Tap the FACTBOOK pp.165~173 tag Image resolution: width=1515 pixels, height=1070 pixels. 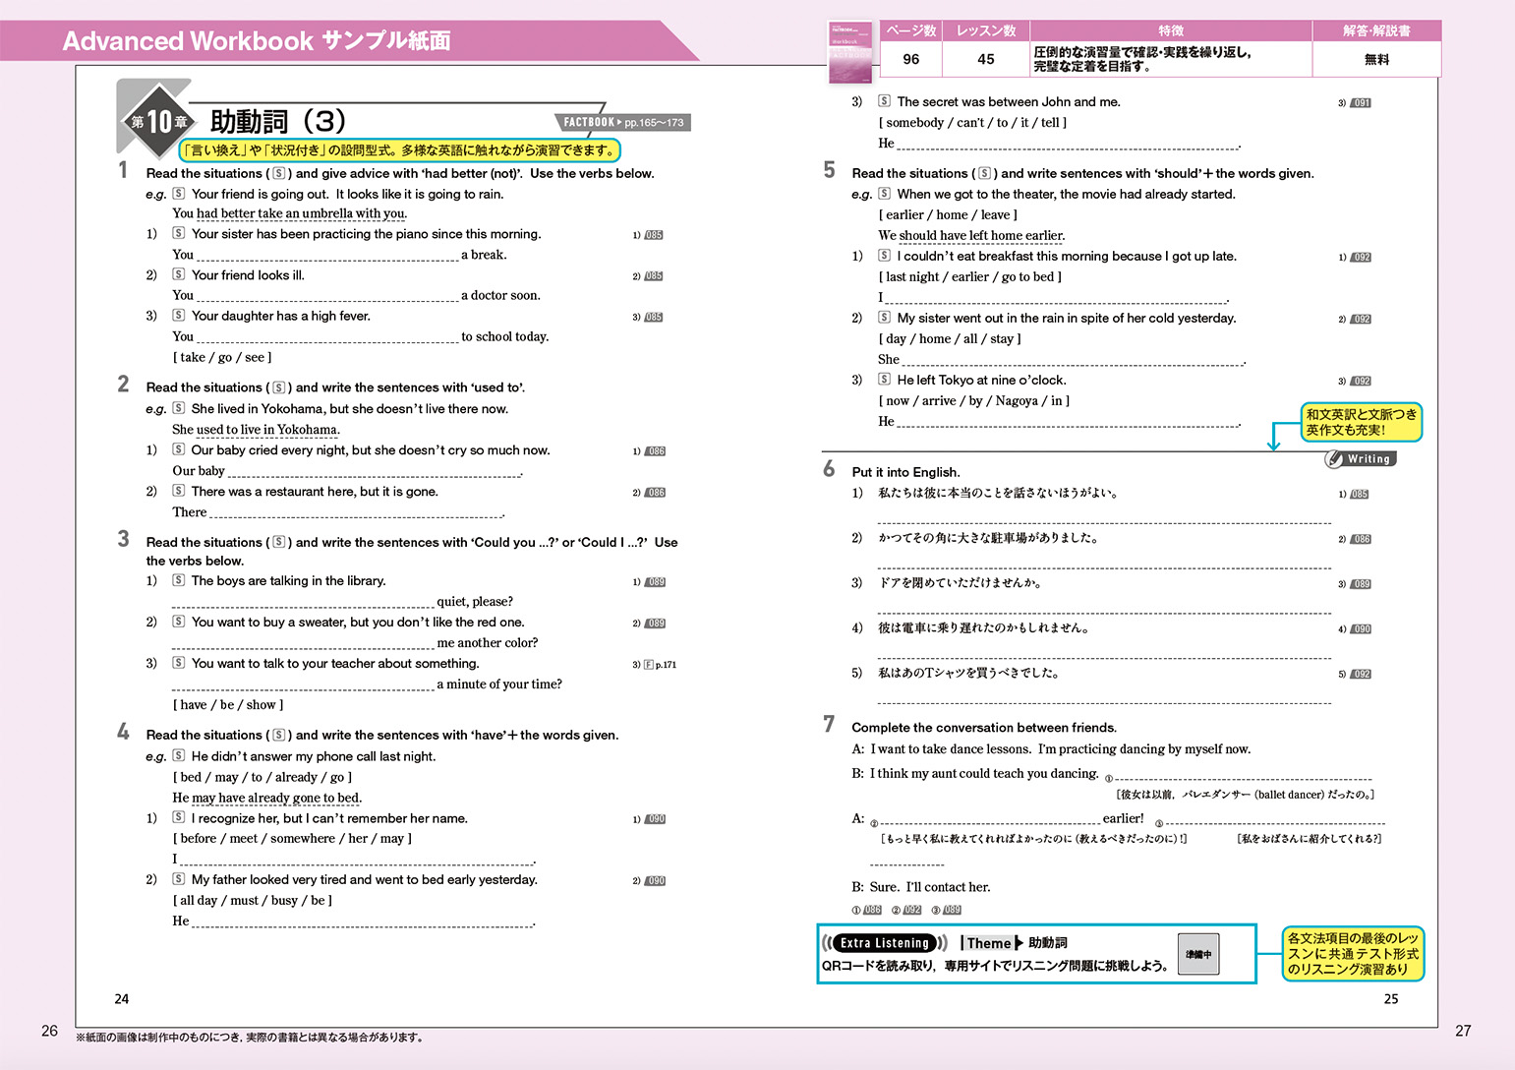click(x=623, y=123)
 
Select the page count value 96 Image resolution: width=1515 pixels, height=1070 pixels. click(x=910, y=59)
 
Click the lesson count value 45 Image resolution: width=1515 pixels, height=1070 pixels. click(x=985, y=59)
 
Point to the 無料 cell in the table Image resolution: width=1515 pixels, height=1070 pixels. click(x=1376, y=59)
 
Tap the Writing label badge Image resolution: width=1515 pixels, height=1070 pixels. click(x=1361, y=459)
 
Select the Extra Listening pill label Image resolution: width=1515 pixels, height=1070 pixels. click(x=884, y=943)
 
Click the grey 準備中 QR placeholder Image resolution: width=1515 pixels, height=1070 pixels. click(x=1198, y=954)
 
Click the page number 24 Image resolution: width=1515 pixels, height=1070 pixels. click(x=122, y=999)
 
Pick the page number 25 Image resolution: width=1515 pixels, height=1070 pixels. click(x=1391, y=999)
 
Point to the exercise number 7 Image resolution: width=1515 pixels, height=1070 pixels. click(x=829, y=725)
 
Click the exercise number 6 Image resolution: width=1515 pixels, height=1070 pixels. click(x=829, y=469)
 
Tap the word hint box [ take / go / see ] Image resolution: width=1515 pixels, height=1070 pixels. click(x=222, y=358)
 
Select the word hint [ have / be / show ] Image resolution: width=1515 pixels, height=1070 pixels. click(x=228, y=705)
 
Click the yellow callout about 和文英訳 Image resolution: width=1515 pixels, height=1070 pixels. click(x=1362, y=422)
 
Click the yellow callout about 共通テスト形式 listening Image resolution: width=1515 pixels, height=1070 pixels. click(x=1353, y=954)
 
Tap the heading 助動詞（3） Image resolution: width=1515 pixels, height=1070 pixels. click(x=278, y=122)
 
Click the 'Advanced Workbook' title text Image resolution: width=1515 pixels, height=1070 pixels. click(x=187, y=41)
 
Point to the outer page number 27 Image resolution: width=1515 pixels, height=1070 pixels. click(x=1463, y=1031)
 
